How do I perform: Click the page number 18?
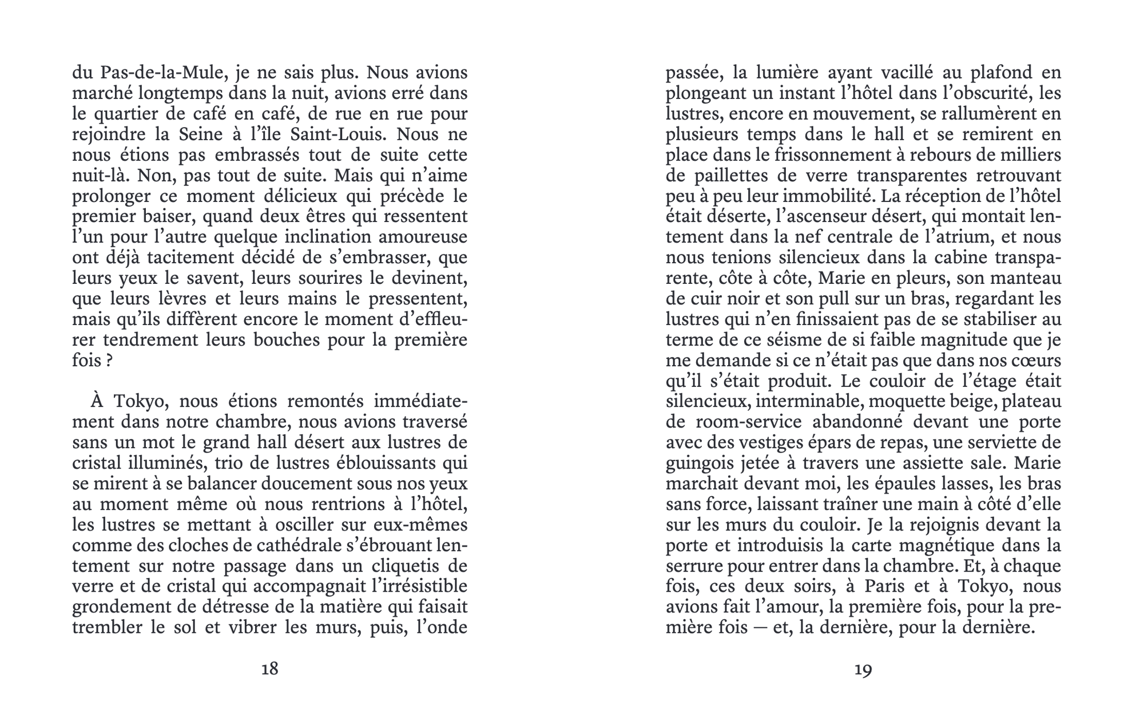coord(269,668)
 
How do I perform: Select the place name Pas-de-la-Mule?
coord(158,73)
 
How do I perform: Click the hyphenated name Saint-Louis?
coord(337,134)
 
